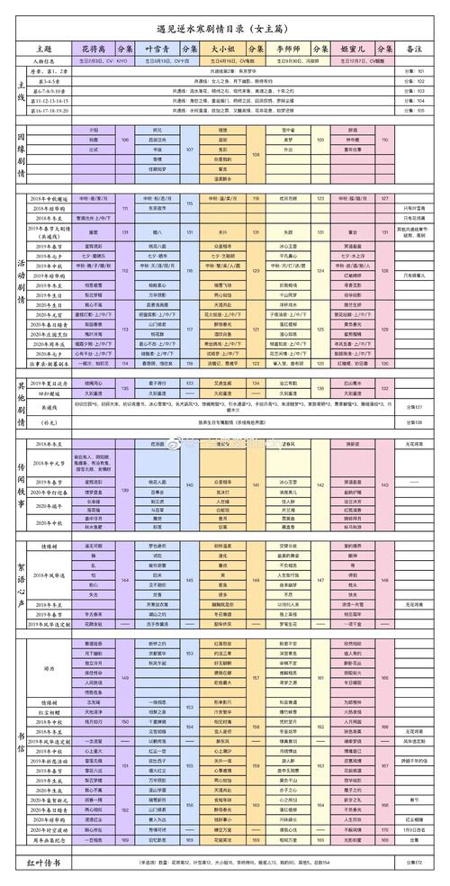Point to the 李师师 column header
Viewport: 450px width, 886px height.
pyautogui.click(x=290, y=47)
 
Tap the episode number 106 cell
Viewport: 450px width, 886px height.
pyautogui.click(x=125, y=140)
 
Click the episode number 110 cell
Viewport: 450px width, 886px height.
pyautogui.click(x=384, y=140)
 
